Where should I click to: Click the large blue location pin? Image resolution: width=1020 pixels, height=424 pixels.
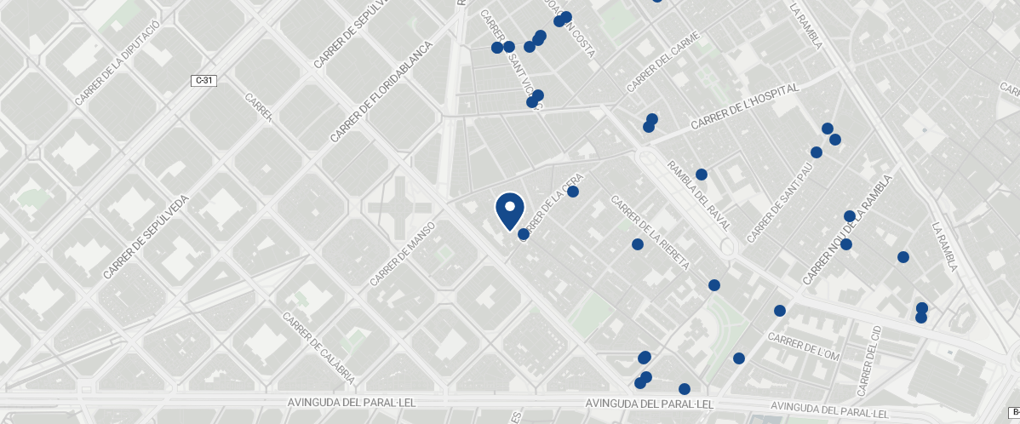click(509, 210)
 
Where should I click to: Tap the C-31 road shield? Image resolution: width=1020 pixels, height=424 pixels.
click(203, 80)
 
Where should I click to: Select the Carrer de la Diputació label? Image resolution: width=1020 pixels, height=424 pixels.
click(117, 64)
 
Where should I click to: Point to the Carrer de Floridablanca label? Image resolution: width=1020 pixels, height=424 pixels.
click(380, 92)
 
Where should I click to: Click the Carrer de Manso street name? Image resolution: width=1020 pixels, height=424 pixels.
click(404, 254)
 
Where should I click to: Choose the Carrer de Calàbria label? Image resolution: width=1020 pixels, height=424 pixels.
click(319, 348)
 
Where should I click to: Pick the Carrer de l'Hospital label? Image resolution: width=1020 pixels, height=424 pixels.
click(746, 106)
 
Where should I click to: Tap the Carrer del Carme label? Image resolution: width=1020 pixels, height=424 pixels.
click(663, 61)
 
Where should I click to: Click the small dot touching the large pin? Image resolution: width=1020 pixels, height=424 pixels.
click(524, 234)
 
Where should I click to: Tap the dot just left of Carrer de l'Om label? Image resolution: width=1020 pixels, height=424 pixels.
click(739, 358)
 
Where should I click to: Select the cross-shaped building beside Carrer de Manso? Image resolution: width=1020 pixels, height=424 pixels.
click(397, 207)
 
